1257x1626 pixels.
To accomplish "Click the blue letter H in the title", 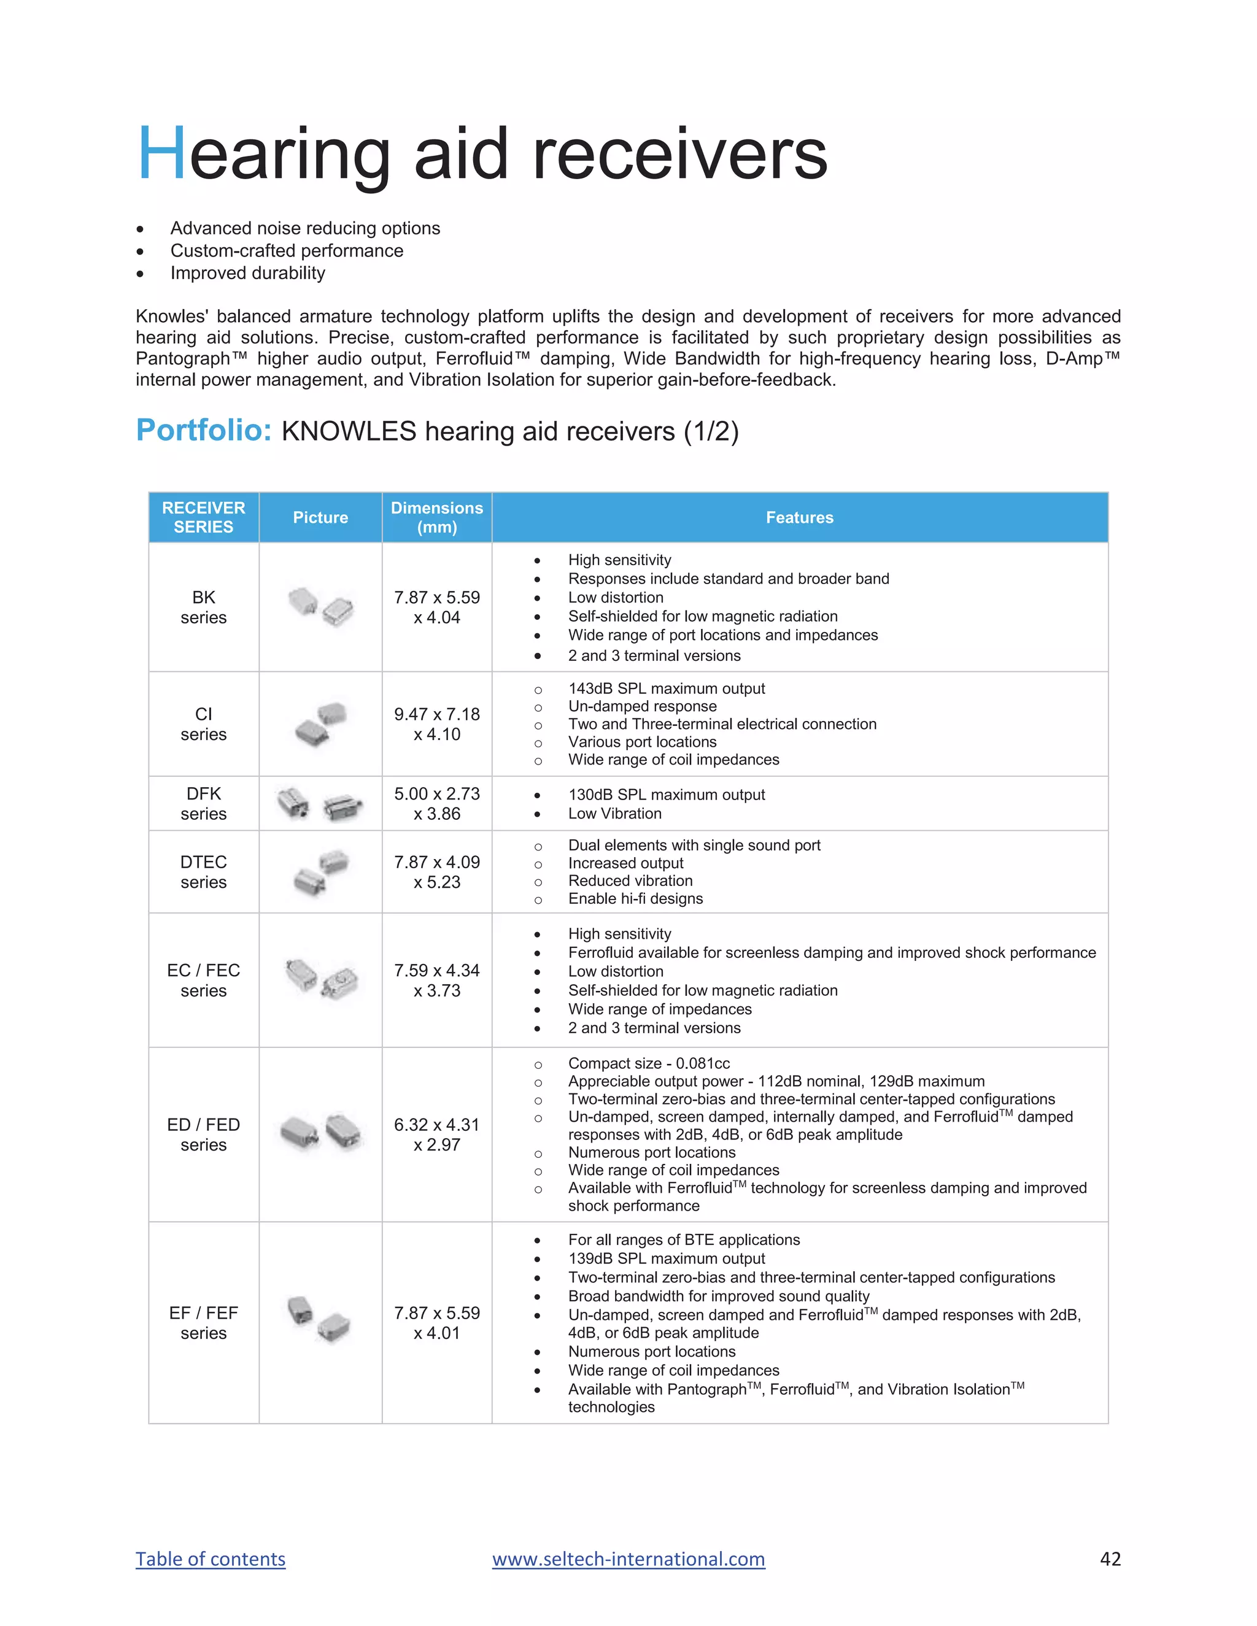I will point(161,154).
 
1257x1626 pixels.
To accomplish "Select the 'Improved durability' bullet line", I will point(247,273).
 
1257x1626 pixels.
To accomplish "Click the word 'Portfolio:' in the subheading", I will point(203,430).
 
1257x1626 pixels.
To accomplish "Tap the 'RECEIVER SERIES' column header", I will point(203,517).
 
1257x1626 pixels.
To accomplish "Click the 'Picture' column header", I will point(320,517).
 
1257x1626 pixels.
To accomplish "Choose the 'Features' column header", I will point(799,517).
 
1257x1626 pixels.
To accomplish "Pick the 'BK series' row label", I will point(203,607).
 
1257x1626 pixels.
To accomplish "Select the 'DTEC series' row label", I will point(203,872).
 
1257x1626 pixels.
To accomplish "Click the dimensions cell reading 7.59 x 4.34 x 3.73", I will point(436,981).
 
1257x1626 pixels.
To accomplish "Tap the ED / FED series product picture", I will point(321,1133).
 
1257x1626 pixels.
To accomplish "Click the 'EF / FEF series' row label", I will point(203,1323).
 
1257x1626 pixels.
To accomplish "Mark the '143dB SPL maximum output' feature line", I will point(666,688).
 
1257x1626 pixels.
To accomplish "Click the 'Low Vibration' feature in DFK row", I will point(614,814).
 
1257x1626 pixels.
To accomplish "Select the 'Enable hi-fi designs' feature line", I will point(635,899).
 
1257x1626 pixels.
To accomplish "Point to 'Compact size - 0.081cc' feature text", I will point(649,1063).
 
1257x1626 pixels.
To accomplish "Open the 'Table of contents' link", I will point(210,1559).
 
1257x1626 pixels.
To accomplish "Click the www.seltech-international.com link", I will point(628,1559).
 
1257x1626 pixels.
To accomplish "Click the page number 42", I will point(1110,1559).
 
